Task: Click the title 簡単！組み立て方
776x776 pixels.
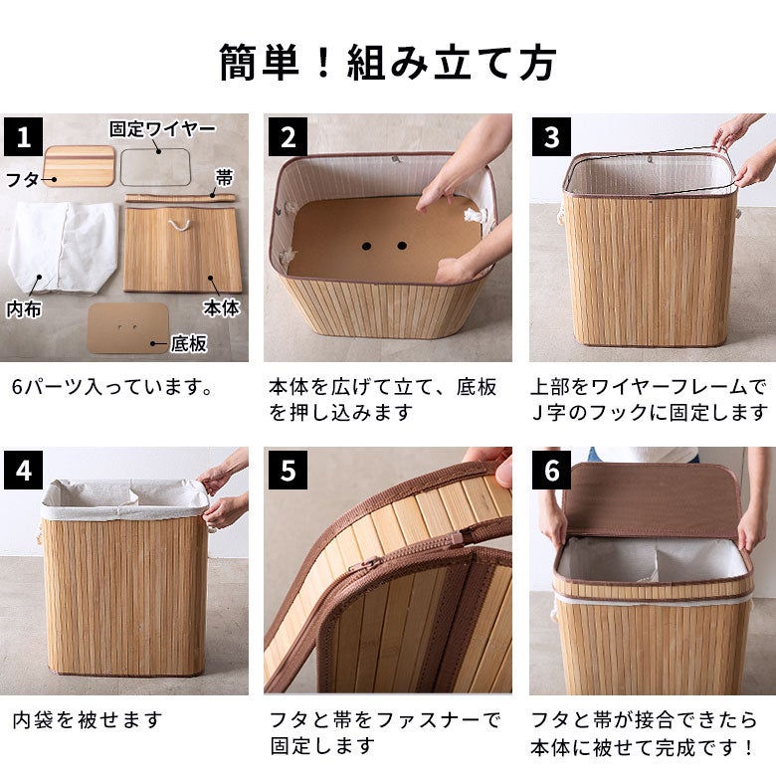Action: pos(388,63)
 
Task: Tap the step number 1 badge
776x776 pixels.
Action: pos(24,136)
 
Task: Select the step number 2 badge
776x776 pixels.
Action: pos(289,136)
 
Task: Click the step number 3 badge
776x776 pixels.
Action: pos(552,136)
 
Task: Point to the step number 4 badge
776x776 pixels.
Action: pos(24,470)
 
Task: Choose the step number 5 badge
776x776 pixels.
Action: pos(289,470)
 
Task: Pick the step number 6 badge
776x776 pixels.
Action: pos(552,470)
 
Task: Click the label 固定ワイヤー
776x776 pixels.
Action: pos(163,129)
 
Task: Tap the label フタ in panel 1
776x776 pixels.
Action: pos(22,179)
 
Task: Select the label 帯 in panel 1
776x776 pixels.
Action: pos(224,178)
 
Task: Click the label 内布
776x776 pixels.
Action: pos(24,308)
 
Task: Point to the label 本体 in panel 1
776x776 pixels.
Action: pos(221,307)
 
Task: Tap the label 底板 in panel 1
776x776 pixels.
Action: pos(189,343)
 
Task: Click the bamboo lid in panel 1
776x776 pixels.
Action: pos(80,166)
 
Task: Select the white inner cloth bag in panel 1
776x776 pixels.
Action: pos(63,249)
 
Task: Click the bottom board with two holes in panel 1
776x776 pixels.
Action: pos(127,327)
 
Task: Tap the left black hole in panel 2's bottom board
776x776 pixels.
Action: pos(366,246)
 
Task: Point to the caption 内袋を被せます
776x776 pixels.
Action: pos(88,720)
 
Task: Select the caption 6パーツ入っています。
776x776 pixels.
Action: pos(112,387)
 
